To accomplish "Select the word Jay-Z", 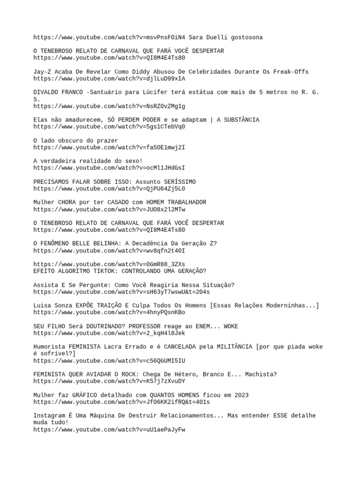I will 42,72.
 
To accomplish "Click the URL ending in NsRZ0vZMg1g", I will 109,106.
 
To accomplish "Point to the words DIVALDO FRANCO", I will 58,92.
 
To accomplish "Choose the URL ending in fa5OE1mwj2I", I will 109,148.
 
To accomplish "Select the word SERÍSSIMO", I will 180,182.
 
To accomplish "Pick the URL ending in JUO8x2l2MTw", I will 109,210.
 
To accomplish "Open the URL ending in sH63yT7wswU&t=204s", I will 121,292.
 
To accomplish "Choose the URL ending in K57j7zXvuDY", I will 109,381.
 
